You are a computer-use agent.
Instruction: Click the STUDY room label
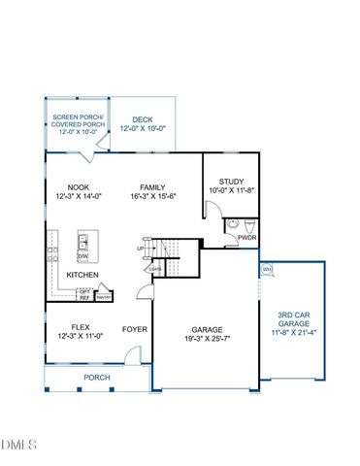click(x=231, y=181)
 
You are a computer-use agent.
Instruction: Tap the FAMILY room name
click(x=151, y=187)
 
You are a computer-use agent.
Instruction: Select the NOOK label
click(x=79, y=187)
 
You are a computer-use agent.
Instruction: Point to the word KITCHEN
click(x=82, y=275)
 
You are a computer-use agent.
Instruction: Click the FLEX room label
click(x=82, y=328)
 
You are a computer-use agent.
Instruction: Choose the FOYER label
click(x=134, y=329)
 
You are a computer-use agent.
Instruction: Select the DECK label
click(x=144, y=118)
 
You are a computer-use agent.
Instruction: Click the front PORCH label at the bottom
click(x=96, y=377)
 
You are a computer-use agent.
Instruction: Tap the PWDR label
click(x=246, y=236)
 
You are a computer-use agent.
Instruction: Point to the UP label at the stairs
click(x=142, y=248)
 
